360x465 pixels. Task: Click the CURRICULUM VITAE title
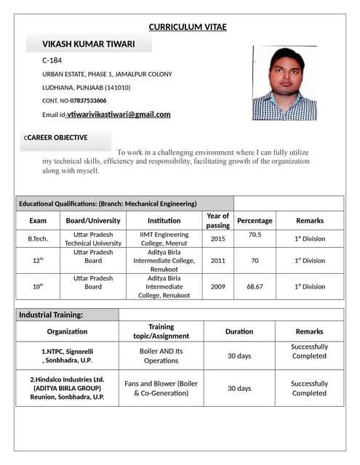[188, 28]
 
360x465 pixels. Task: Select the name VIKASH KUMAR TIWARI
[88, 44]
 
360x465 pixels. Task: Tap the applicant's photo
[284, 84]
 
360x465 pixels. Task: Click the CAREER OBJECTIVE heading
[57, 137]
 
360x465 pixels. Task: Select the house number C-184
[52, 60]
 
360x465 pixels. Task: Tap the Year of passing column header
[217, 220]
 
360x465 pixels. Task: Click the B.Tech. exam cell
[38, 239]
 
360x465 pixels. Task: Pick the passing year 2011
[217, 260]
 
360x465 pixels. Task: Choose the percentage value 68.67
[255, 286]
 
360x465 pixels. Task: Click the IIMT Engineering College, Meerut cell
[164, 239]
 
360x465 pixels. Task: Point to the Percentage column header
[255, 220]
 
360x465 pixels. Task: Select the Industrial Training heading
[51, 315]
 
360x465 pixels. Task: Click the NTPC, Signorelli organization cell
[67, 355]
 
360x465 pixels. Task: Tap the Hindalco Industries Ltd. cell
[67, 388]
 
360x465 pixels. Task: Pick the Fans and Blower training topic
[161, 388]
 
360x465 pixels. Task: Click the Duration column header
[239, 331]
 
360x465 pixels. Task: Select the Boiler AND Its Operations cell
[161, 355]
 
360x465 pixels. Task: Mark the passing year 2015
[217, 239]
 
